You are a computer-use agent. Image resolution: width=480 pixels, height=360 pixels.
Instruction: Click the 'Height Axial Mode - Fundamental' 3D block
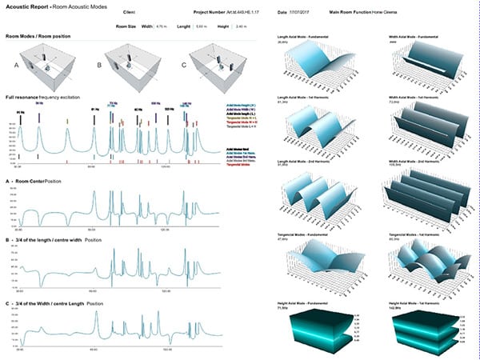click(317, 328)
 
